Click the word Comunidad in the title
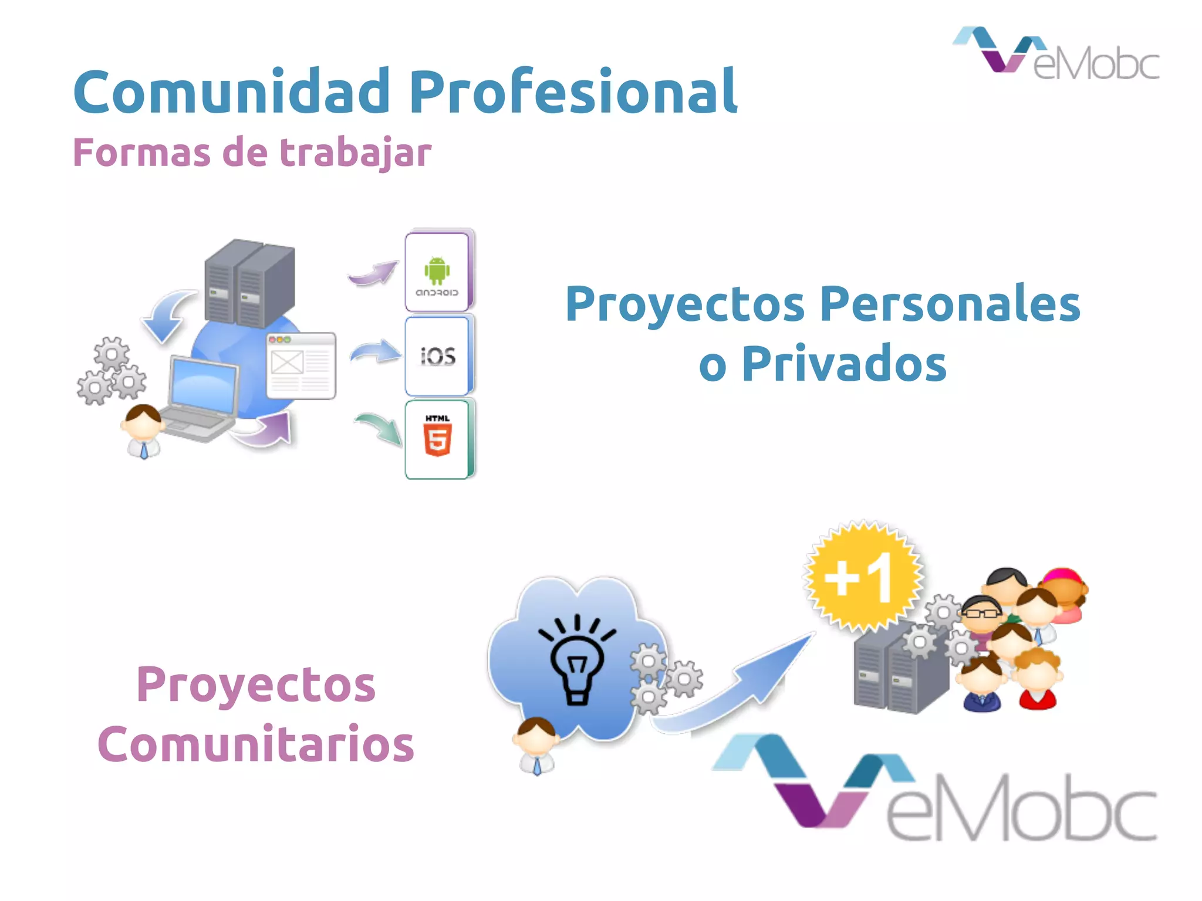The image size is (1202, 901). click(x=232, y=92)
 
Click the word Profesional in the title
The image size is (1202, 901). click(x=573, y=92)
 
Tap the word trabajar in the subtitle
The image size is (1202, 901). click(x=355, y=153)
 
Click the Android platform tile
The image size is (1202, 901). click(x=438, y=272)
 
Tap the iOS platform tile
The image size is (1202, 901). click(x=438, y=355)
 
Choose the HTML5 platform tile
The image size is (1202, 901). click(x=438, y=439)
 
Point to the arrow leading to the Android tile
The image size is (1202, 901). click(x=373, y=273)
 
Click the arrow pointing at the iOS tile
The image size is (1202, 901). click(x=376, y=352)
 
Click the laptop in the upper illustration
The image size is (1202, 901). click(x=200, y=399)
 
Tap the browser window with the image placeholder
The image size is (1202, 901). click(x=301, y=365)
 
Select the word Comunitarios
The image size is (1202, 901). click(x=256, y=744)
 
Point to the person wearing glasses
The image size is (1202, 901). click(x=981, y=614)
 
